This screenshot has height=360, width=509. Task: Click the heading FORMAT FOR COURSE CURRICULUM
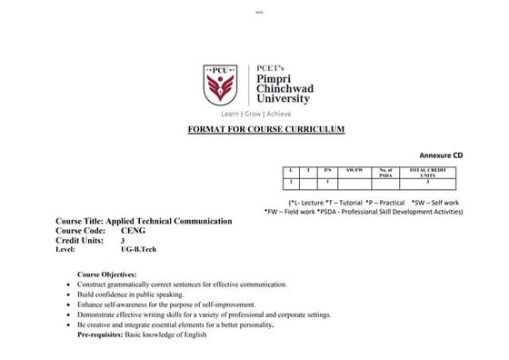(x=265, y=130)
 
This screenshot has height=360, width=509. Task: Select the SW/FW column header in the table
(x=354, y=170)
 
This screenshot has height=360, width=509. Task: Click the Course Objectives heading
(x=106, y=274)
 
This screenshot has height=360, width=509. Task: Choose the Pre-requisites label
(x=103, y=334)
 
